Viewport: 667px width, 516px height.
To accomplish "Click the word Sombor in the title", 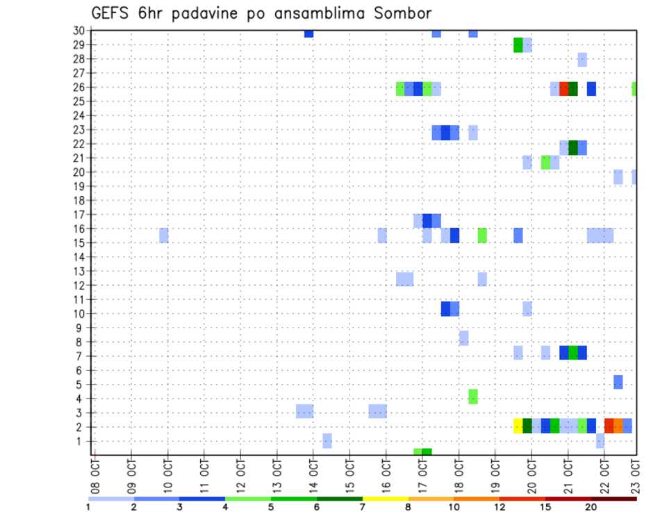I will point(401,13).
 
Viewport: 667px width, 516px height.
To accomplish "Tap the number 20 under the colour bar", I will point(591,507).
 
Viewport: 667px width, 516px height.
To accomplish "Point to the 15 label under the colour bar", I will point(545,507).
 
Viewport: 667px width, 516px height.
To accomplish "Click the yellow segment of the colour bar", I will point(385,499).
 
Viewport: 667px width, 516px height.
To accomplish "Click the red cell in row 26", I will point(563,88).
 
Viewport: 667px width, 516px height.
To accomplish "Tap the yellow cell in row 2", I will point(518,426).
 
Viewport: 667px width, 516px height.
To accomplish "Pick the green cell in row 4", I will point(473,396).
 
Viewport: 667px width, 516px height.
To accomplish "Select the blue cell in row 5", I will point(618,382).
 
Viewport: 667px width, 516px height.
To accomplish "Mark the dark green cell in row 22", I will point(573,147).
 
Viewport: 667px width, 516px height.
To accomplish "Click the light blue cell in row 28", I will point(582,60).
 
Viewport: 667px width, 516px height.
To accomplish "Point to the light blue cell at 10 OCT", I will point(164,235).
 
